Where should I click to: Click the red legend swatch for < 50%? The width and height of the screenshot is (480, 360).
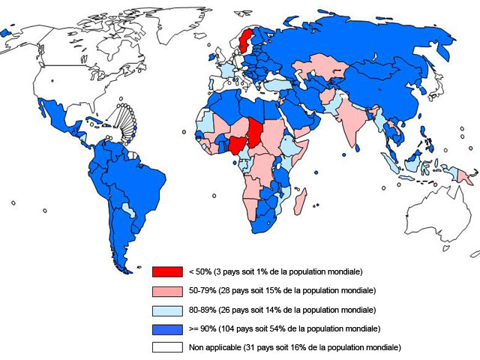coord(168,271)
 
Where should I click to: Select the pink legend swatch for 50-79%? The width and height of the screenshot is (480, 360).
coord(168,289)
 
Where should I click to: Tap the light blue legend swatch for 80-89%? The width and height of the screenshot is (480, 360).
coord(168,309)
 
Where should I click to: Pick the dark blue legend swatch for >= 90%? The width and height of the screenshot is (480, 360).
coord(168,328)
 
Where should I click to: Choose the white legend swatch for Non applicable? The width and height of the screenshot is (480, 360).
coord(168,347)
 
